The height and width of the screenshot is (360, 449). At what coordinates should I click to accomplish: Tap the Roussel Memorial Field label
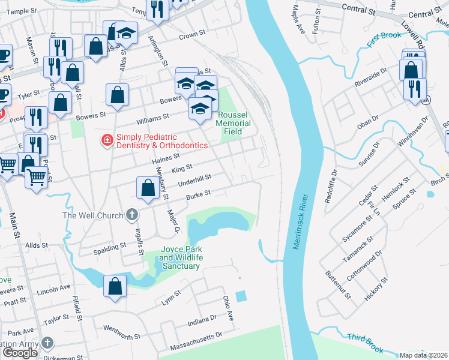[x=234, y=123]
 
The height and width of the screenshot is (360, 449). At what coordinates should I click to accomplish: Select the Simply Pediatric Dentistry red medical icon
[x=107, y=140]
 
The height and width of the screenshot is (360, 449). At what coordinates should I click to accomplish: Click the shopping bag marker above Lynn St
[x=115, y=286]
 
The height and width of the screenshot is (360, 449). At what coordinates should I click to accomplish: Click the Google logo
[x=20, y=353]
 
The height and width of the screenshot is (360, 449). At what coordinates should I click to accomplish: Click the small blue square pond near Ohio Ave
[x=241, y=296]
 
